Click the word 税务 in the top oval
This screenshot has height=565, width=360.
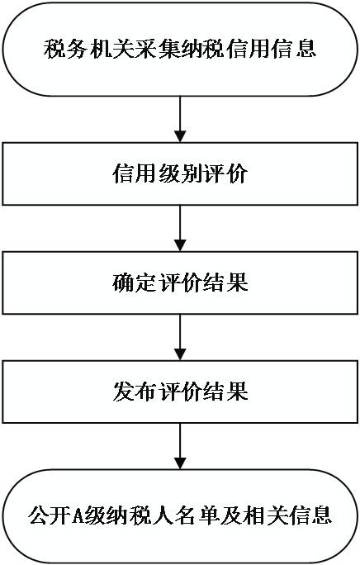[x=66, y=49]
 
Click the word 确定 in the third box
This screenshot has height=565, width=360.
[x=135, y=282]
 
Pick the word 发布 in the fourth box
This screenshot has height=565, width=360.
[x=135, y=392]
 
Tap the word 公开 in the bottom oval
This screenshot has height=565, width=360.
[x=50, y=515]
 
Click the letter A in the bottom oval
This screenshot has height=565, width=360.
[x=78, y=516]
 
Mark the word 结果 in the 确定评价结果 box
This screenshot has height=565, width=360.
[x=225, y=282]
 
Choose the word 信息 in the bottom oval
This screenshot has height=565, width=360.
[x=310, y=515]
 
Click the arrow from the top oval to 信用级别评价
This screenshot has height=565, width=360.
[x=180, y=119]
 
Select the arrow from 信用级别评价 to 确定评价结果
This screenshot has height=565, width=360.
[x=180, y=229]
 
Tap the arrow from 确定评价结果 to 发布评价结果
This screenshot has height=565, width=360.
[x=180, y=337]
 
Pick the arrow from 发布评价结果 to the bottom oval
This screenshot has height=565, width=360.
[x=180, y=446]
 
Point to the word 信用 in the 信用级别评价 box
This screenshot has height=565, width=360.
[x=135, y=174]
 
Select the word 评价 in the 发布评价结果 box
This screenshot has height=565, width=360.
[x=180, y=392]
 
